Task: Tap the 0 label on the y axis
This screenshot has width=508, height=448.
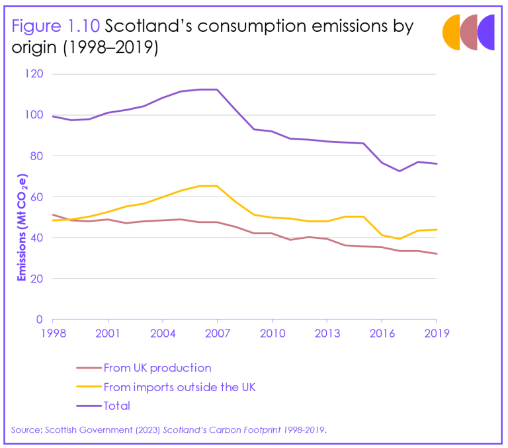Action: tap(40, 319)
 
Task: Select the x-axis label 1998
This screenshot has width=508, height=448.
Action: tap(52, 333)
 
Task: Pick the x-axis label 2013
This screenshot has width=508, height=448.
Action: tap(326, 333)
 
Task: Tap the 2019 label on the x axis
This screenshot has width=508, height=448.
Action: tap(436, 333)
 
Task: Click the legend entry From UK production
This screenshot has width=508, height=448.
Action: tap(157, 368)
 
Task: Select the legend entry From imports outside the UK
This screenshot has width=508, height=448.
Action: tap(179, 387)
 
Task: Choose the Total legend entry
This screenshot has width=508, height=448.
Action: tap(117, 406)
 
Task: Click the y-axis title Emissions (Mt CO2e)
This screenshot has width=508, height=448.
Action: tap(22, 228)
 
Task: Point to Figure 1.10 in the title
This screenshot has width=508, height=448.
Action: tap(56, 26)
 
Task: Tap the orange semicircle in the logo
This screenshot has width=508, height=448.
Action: tap(452, 32)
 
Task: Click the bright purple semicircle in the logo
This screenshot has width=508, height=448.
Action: tap(487, 32)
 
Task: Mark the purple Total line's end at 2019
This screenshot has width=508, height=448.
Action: tap(436, 163)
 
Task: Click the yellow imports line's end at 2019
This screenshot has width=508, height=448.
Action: tap(436, 230)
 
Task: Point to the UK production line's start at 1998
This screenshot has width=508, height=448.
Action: tap(52, 214)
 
